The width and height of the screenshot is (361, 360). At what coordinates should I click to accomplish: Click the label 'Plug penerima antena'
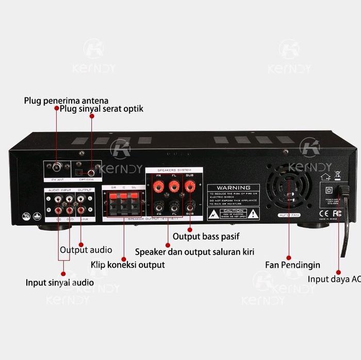(66, 100)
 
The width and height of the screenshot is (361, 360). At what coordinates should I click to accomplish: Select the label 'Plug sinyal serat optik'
(102, 109)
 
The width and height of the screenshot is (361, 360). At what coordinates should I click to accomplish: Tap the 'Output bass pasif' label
(206, 236)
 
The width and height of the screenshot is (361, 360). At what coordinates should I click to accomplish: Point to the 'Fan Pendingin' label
(292, 265)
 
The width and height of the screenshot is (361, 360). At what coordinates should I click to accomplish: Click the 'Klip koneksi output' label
(128, 264)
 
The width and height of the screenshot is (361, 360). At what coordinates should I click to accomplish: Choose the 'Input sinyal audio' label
(60, 282)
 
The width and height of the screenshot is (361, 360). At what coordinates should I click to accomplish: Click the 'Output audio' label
(86, 250)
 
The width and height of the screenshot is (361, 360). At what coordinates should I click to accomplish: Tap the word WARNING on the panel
(234, 187)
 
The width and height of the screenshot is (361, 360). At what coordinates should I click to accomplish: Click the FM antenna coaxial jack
(56, 167)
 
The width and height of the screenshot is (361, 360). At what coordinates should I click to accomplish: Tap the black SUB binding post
(190, 207)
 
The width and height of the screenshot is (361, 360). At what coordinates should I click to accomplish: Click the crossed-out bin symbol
(337, 175)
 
